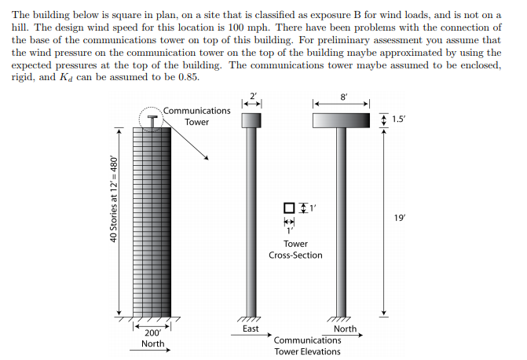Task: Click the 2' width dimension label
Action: tap(253, 96)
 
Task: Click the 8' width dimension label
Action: tap(343, 97)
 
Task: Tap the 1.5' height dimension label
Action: tap(399, 119)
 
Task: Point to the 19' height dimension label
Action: tap(400, 218)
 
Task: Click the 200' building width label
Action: tap(153, 332)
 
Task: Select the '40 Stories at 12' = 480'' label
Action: tap(114, 199)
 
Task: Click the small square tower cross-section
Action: tap(289, 208)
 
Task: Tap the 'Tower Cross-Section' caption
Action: tap(295, 249)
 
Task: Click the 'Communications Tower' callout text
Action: tap(197, 116)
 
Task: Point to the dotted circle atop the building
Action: tap(151, 108)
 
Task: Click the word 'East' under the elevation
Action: tap(251, 329)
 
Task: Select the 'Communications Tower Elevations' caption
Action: tap(307, 346)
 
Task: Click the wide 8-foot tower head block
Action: tap(341, 120)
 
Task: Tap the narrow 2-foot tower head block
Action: tap(251, 120)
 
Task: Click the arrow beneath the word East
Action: tap(251, 335)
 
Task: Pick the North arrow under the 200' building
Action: tap(150, 350)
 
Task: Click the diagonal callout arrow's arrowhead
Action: tap(207, 158)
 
